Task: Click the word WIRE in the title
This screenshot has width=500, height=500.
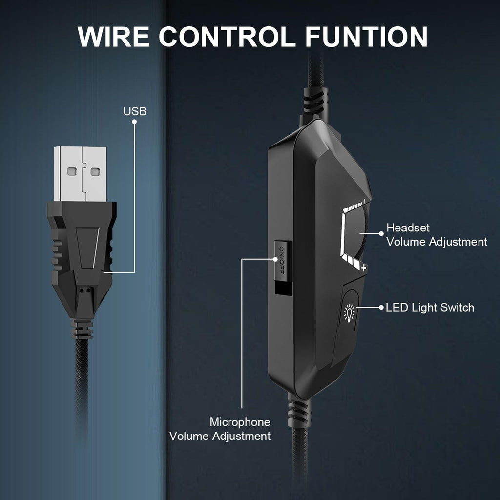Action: tap(113, 37)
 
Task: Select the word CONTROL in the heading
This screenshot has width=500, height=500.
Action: tap(228, 37)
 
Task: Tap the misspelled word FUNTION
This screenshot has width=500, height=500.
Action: tap(366, 37)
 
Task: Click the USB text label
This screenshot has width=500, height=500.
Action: tap(135, 111)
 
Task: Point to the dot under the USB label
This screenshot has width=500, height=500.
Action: tap(135, 122)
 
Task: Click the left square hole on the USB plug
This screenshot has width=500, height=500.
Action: tap(72, 172)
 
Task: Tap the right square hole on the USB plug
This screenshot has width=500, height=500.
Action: tap(94, 172)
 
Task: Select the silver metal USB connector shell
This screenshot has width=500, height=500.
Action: tap(81, 174)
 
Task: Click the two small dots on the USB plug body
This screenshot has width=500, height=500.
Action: tap(85, 290)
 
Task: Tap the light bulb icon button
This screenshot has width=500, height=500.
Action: tap(350, 313)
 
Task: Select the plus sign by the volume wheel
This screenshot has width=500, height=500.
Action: tap(363, 268)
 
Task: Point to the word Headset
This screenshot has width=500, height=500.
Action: tap(408, 228)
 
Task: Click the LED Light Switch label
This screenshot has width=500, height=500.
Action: tap(430, 308)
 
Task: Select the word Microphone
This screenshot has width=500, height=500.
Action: tap(240, 422)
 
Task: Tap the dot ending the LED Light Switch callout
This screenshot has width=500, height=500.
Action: tap(381, 308)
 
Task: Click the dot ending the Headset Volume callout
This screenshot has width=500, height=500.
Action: tap(381, 233)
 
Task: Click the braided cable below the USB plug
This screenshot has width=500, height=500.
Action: tap(82, 383)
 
